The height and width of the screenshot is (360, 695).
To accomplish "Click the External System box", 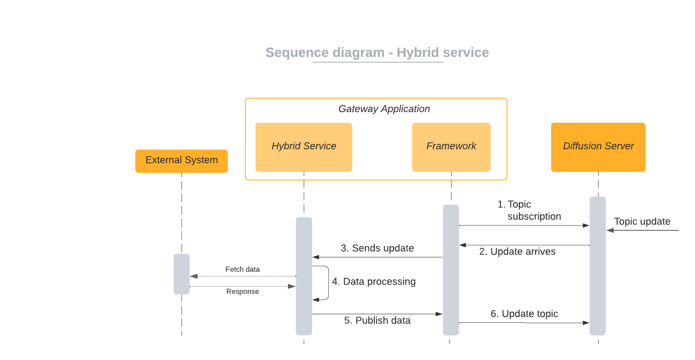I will point(182,161).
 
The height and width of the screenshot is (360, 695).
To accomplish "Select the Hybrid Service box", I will point(304,147).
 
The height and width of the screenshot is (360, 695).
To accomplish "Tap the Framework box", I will point(451,147).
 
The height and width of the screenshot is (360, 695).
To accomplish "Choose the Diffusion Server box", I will point(598,147).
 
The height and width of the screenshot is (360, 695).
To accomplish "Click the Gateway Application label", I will point(384,109).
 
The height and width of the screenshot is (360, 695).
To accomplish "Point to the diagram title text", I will point(377,52).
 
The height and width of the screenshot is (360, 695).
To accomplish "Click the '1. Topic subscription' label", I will point(529,210).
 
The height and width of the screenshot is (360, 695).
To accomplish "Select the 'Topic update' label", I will point(642,221).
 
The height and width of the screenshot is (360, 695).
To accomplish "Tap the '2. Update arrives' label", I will point(517,252).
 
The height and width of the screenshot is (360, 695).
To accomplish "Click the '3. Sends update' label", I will point(377,248).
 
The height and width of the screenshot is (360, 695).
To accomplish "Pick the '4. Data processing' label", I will point(374,281).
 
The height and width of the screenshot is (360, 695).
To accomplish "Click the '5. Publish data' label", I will point(377,320).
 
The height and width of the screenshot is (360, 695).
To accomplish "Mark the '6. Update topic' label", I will point(524,314).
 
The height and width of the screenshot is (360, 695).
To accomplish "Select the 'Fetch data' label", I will point(242,269).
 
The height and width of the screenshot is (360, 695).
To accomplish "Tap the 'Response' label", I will point(242,291).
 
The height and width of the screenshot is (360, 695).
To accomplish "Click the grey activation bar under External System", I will point(182,274).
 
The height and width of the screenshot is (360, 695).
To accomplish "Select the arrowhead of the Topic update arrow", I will point(610,230).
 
